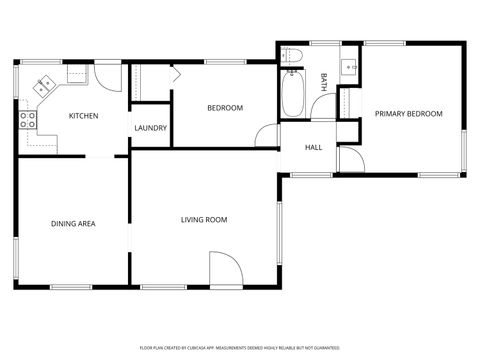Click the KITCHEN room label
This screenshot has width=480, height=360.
(83, 117)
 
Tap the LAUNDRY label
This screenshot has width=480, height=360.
(150, 128)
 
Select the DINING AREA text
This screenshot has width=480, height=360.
(73, 223)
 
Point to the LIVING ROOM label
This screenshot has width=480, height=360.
(204, 220)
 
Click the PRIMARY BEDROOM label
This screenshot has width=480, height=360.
(408, 114)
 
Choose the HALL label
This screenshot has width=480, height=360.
(313, 148)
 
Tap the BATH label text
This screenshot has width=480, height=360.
(323, 82)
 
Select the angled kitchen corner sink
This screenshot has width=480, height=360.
(43, 85)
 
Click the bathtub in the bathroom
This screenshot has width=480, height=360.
(294, 96)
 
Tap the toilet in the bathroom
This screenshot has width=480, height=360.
(292, 57)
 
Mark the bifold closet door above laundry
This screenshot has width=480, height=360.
(172, 72)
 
